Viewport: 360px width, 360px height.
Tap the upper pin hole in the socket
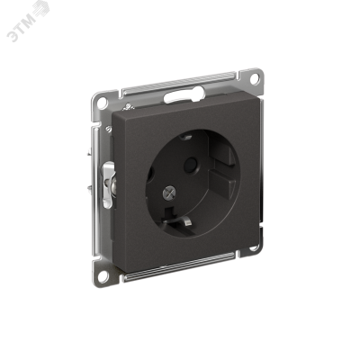click(x=190, y=165)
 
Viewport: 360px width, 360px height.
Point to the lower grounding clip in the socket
click(x=186, y=222)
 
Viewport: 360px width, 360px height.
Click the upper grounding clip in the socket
click(x=186, y=137)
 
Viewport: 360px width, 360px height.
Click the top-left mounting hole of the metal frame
click(x=102, y=103)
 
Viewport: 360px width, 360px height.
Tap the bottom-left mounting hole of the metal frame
click(x=103, y=276)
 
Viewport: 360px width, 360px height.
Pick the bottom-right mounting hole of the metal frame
click(x=254, y=247)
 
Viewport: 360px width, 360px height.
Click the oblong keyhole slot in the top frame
click(x=184, y=95)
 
